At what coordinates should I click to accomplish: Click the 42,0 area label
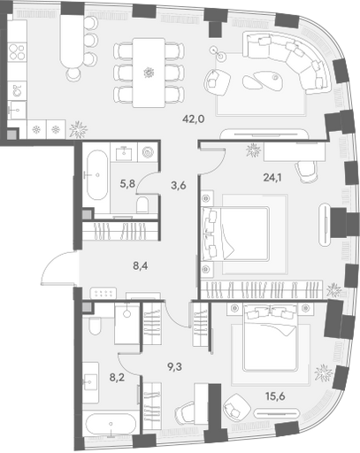pyautogui.click(x=194, y=119)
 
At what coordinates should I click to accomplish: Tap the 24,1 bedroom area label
pyautogui.click(x=272, y=177)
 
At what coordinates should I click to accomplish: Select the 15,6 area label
pyautogui.click(x=274, y=396)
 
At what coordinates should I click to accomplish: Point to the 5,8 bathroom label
pyautogui.click(x=127, y=184)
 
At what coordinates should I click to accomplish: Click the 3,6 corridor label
pyautogui.click(x=179, y=186)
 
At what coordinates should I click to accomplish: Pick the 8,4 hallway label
pyautogui.click(x=141, y=266)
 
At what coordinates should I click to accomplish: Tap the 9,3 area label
pyautogui.click(x=174, y=367)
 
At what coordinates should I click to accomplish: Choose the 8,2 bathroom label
pyautogui.click(x=117, y=378)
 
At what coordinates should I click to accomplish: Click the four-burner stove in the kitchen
pyautogui.click(x=17, y=52)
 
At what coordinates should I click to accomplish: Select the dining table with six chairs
pyautogui.click(x=149, y=73)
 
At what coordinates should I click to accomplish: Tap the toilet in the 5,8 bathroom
pyautogui.click(x=143, y=204)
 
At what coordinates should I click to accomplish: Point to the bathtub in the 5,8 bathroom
pyautogui.click(x=96, y=175)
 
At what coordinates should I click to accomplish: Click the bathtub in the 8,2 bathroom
pyautogui.click(x=111, y=424)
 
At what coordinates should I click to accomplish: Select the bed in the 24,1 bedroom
pyautogui.click(x=235, y=234)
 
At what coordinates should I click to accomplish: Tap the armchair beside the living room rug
pyautogui.click(x=218, y=82)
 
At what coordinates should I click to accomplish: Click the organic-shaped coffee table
pyautogui.click(x=263, y=80)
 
